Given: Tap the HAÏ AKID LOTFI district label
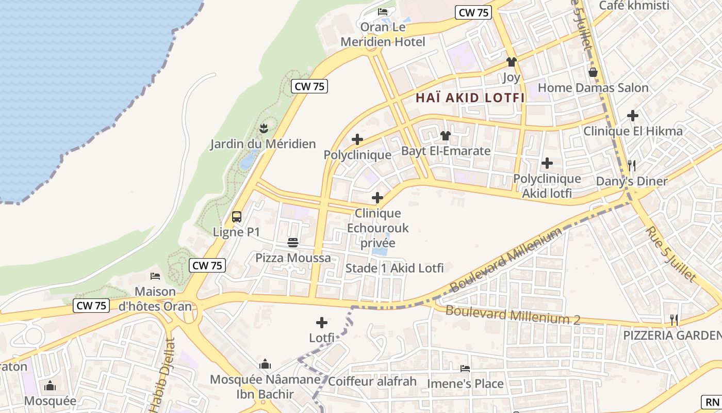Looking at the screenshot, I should pyautogui.click(x=470, y=98).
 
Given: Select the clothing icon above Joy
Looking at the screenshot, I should pyautogui.click(x=511, y=62).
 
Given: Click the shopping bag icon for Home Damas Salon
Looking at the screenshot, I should pyautogui.click(x=593, y=72).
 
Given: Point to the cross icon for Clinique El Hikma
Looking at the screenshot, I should pyautogui.click(x=633, y=116).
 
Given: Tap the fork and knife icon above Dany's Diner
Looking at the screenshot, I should pyautogui.click(x=632, y=166).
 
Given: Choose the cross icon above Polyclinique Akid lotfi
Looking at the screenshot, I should pyautogui.click(x=547, y=163).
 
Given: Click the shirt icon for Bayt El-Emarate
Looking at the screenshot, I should pyautogui.click(x=446, y=136).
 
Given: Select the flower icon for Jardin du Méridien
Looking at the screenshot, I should pyautogui.click(x=264, y=128).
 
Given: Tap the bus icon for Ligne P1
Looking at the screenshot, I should pyautogui.click(x=237, y=217).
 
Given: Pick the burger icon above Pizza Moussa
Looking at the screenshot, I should pyautogui.click(x=293, y=242).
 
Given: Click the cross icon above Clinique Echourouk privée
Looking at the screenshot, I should pyautogui.click(x=378, y=198).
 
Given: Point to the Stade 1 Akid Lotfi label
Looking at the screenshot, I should pyautogui.click(x=395, y=268).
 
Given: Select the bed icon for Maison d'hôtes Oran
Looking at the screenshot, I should pyautogui.click(x=155, y=276).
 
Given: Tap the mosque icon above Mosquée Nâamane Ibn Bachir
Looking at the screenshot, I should pyautogui.click(x=265, y=364).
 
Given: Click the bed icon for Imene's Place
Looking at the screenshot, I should pyautogui.click(x=465, y=369).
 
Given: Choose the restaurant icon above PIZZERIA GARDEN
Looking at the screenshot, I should pyautogui.click(x=674, y=320).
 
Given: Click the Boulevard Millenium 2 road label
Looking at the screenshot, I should pyautogui.click(x=513, y=315).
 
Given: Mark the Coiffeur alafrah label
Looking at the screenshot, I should pyautogui.click(x=372, y=382).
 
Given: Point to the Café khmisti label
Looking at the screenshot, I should pyautogui.click(x=634, y=6).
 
